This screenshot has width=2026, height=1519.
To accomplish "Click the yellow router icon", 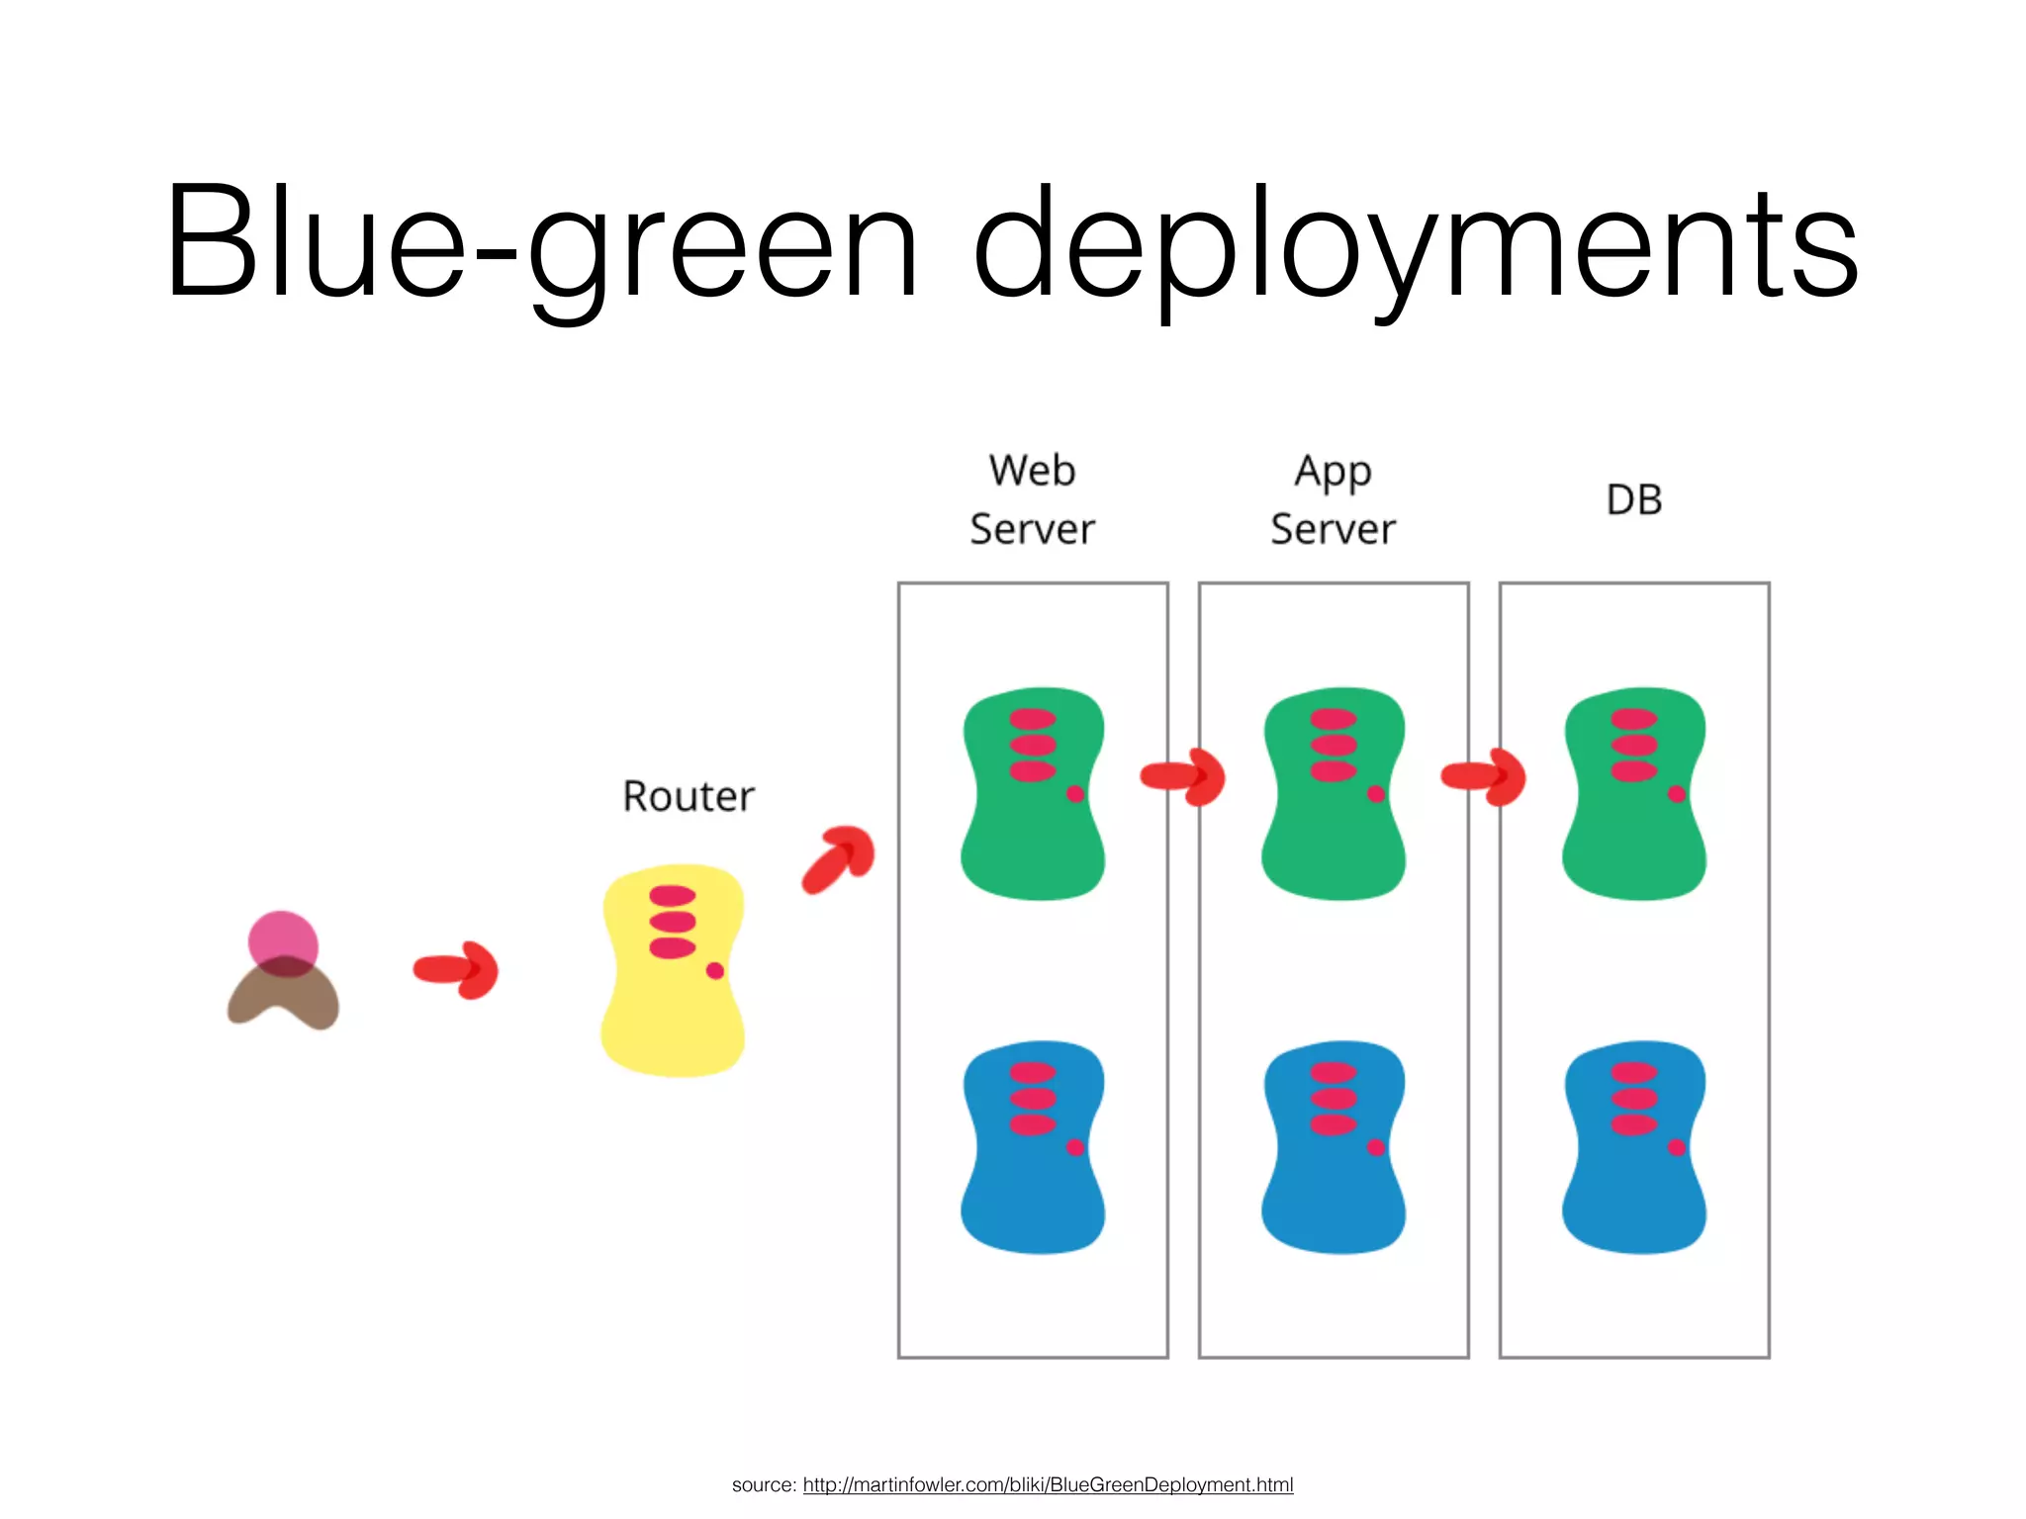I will pyautogui.click(x=673, y=999).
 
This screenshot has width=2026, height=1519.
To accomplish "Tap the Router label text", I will pyautogui.click(x=689, y=796).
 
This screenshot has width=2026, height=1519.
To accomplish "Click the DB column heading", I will pyautogui.click(x=1634, y=500).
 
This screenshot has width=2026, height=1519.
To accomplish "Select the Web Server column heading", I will pyautogui.click(x=1033, y=500).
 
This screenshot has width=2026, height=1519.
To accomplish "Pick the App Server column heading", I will pyautogui.click(x=1334, y=500).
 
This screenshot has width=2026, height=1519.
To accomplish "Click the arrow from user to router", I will pyautogui.click(x=456, y=969).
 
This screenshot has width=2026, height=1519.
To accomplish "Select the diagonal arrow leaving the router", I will pyautogui.click(x=839, y=858).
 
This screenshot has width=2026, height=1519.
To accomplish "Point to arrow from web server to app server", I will pyautogui.click(x=1183, y=776).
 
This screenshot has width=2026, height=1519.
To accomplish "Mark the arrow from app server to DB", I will pyautogui.click(x=1484, y=776).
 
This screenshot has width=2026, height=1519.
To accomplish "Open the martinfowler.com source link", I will pyautogui.click(x=1048, y=1484).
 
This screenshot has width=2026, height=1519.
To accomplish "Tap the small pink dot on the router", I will pyautogui.click(x=715, y=970).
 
